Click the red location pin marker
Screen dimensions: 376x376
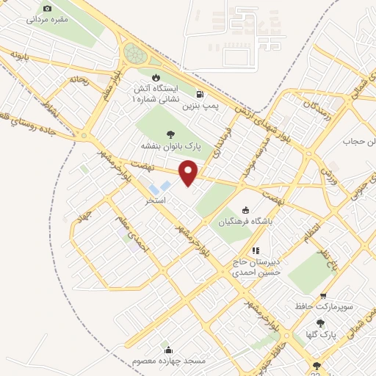(189, 171)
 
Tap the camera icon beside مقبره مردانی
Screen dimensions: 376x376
(48, 8)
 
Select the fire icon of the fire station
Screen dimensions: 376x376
(156, 76)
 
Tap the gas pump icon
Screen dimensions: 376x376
(200, 94)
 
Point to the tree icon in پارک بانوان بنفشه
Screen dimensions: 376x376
(170, 134)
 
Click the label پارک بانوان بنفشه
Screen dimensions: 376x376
(168, 146)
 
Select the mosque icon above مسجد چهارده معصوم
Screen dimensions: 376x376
(169, 350)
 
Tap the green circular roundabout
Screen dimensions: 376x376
(135, 54)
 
